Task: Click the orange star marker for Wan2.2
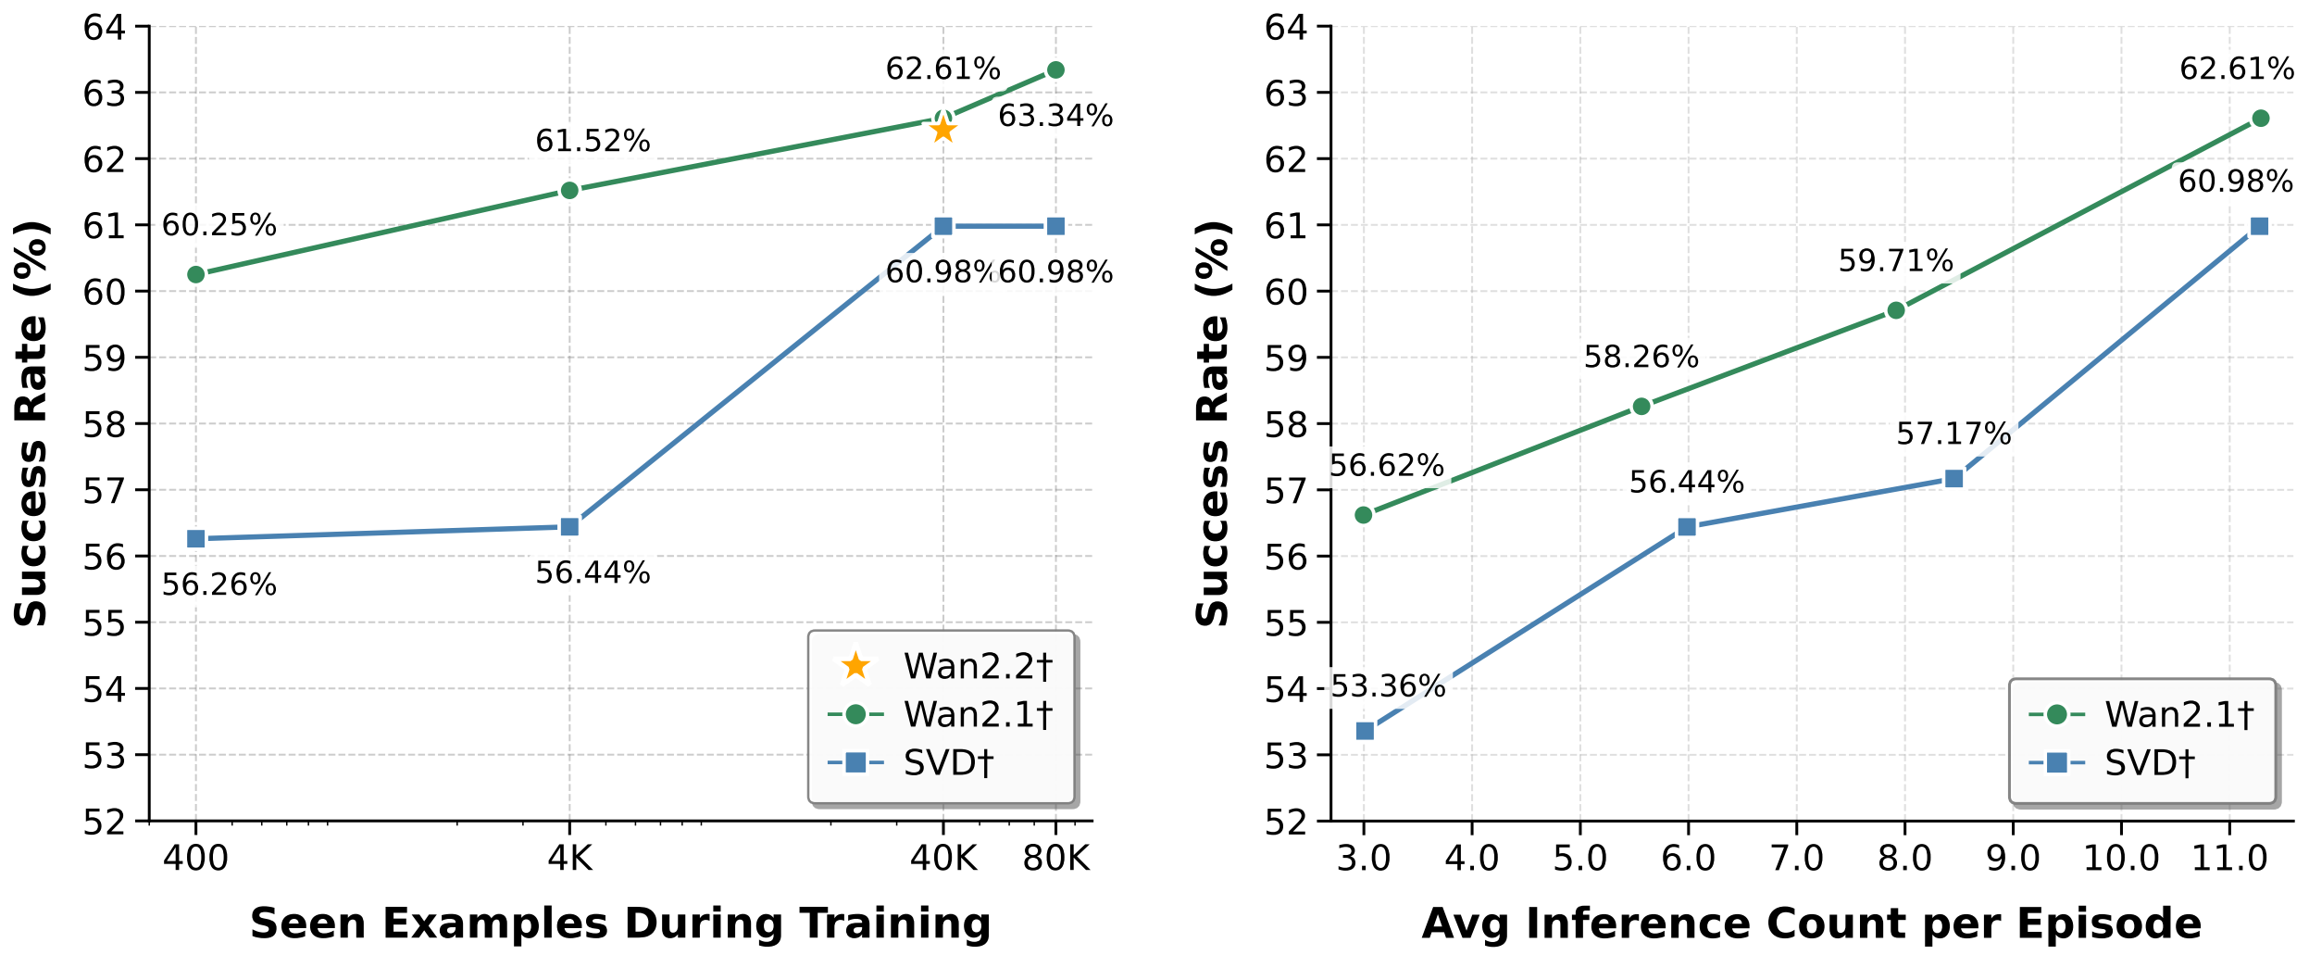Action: (942, 131)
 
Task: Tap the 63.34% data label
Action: (1055, 117)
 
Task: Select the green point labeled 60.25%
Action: (195, 274)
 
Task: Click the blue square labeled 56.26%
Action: (195, 539)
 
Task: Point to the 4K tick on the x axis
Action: (569, 859)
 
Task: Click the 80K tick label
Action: (1055, 859)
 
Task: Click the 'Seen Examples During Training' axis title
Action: (619, 924)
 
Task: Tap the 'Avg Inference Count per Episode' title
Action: (1811, 924)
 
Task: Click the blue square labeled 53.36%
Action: (1365, 731)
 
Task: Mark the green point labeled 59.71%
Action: (1895, 310)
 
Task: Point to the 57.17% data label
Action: (1953, 434)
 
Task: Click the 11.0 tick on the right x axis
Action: (2228, 859)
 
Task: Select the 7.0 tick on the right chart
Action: (1796, 859)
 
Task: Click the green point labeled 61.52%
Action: (569, 191)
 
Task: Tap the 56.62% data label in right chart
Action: (1386, 466)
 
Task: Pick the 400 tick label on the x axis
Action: (195, 859)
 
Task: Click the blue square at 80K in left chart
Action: (1055, 227)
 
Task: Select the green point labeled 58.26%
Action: (1641, 407)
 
